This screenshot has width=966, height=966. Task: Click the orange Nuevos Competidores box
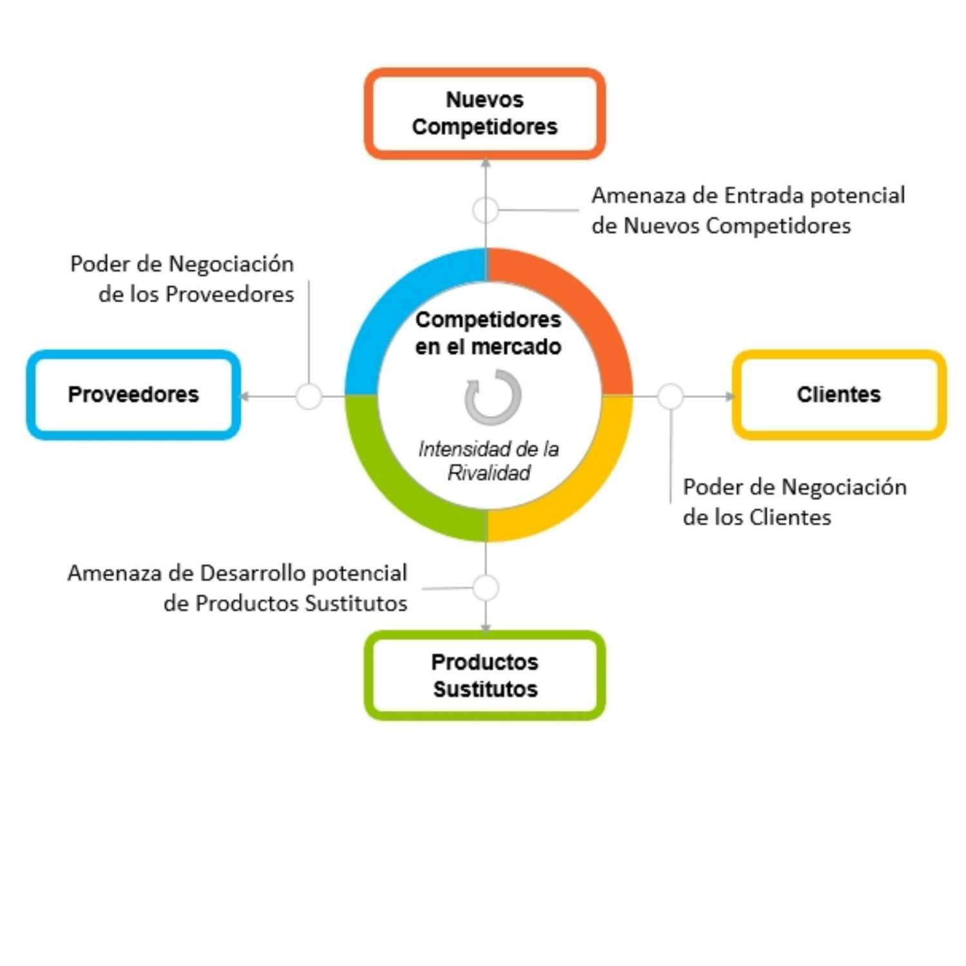[484, 113]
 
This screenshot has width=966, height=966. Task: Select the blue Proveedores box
[133, 395]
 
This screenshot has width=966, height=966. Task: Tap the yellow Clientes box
[838, 395]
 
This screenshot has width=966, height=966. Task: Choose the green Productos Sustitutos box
[484, 675]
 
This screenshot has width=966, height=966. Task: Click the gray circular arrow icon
[493, 397]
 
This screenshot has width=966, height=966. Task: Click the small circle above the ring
[486, 209]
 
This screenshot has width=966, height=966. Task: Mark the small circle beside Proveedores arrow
[308, 396]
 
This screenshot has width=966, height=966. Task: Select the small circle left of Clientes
[670, 396]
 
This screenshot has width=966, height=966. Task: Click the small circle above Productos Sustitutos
[486, 587]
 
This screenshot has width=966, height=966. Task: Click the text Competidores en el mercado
[488, 333]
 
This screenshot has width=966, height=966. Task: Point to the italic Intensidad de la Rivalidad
[489, 460]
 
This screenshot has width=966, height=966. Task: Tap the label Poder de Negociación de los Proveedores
[182, 279]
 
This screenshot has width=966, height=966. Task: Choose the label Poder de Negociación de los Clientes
[794, 502]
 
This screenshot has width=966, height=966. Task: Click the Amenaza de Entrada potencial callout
[748, 211]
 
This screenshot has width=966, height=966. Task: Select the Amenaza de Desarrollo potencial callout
[238, 588]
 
